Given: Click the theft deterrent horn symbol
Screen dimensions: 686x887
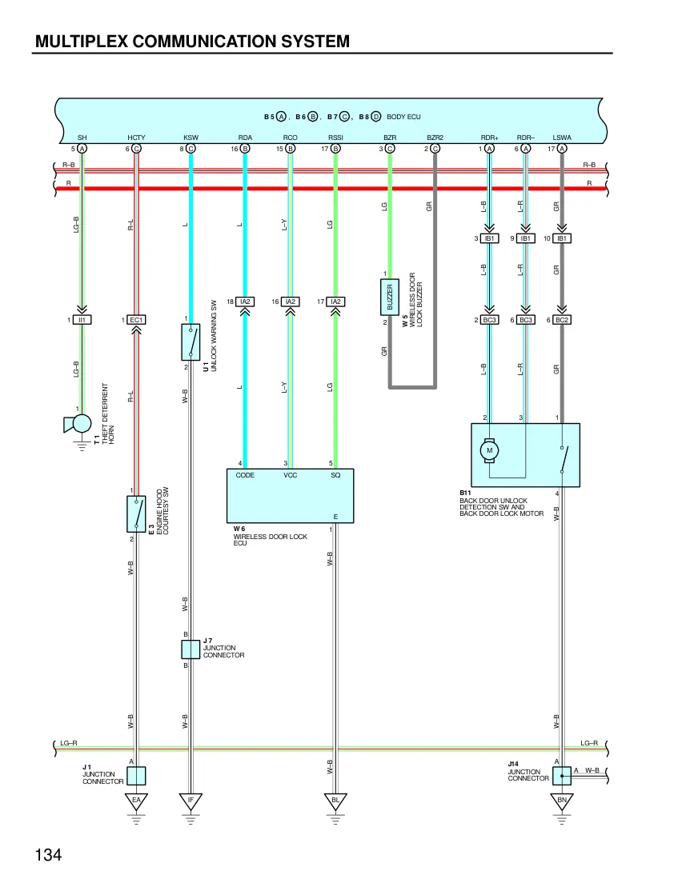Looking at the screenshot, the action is pyautogui.click(x=78, y=423).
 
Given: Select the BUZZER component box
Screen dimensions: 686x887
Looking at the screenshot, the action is pyautogui.click(x=389, y=297).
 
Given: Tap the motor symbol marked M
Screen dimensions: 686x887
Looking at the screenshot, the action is pyautogui.click(x=490, y=450).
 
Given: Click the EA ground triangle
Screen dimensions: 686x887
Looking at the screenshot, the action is pyautogui.click(x=136, y=801).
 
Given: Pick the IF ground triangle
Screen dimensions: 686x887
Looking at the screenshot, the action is pyautogui.click(x=191, y=801).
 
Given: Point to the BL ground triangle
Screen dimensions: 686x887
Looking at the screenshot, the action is pyautogui.click(x=335, y=801).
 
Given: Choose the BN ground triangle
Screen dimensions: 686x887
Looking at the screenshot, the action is pyautogui.click(x=561, y=801).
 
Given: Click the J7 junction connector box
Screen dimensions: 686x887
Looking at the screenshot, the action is pyautogui.click(x=191, y=649).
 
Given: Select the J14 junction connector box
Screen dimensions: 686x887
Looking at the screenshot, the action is pyautogui.click(x=561, y=776).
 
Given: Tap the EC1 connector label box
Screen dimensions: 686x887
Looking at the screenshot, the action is pyautogui.click(x=136, y=320).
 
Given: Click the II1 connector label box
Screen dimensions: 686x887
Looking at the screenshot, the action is pyautogui.click(x=82, y=320).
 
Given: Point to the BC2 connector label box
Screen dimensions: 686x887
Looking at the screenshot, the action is pyautogui.click(x=561, y=320).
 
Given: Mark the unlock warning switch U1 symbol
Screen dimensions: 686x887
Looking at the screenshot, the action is pyautogui.click(x=191, y=342).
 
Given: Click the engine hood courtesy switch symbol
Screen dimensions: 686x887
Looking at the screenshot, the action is pyautogui.click(x=136, y=513).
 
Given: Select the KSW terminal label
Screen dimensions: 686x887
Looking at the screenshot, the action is pyautogui.click(x=191, y=138).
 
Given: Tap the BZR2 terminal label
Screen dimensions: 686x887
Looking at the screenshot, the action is pyautogui.click(x=435, y=138).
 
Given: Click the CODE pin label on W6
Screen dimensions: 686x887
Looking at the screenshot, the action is pyautogui.click(x=245, y=475).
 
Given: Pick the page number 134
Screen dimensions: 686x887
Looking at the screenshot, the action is pyautogui.click(x=48, y=855).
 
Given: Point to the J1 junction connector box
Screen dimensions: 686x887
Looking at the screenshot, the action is pyautogui.click(x=136, y=776).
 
